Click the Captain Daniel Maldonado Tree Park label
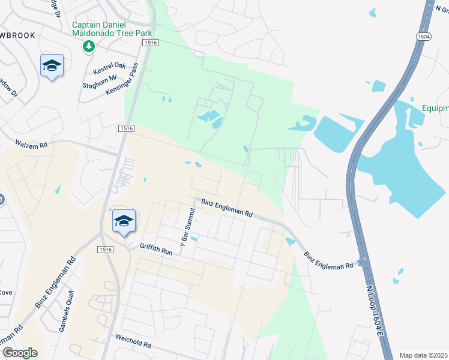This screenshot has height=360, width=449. [112, 29]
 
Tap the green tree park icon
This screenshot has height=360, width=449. [89, 46]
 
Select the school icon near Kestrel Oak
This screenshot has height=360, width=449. [52, 66]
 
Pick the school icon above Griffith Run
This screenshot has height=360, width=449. [124, 221]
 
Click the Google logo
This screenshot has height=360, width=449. [19, 353]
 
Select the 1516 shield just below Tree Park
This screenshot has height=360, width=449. [150, 43]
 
